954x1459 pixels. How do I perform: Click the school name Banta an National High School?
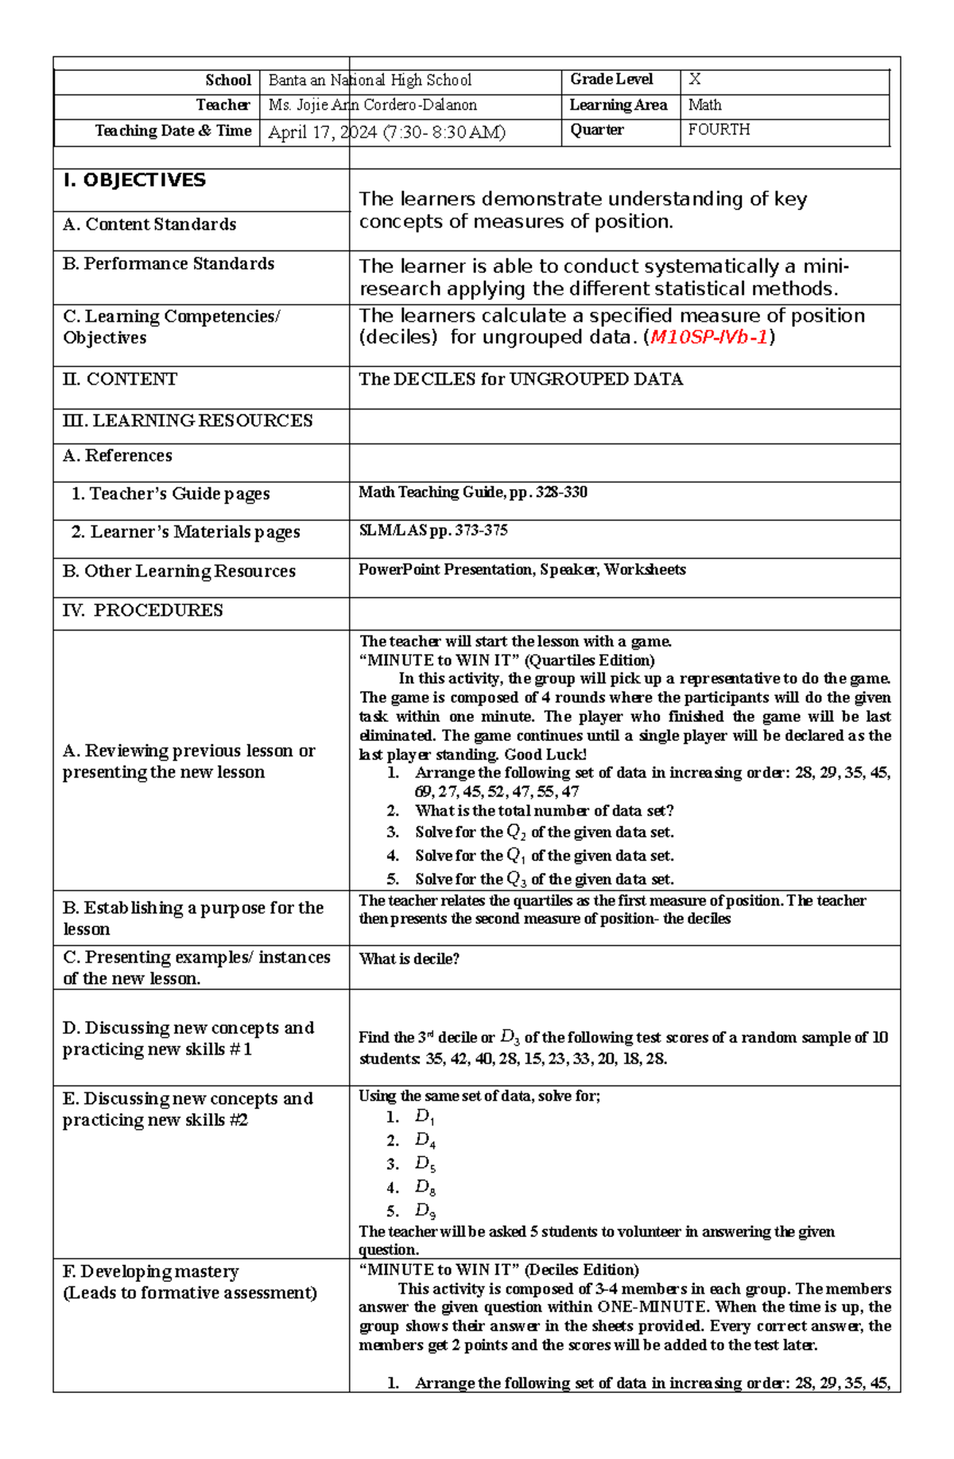point(370,80)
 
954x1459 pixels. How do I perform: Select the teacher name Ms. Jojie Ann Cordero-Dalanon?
point(372,105)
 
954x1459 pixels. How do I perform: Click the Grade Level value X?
point(694,80)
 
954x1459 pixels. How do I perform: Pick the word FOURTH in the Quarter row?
point(719,130)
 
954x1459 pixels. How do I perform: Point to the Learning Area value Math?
point(704,105)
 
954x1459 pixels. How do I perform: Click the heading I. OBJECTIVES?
point(134,180)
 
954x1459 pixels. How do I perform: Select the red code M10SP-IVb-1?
point(708,337)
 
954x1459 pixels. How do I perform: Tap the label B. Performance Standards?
point(169,264)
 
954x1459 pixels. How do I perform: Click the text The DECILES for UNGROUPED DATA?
point(521,379)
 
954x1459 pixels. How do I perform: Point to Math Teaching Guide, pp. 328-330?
point(472,492)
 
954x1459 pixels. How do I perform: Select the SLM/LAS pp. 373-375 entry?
point(432,530)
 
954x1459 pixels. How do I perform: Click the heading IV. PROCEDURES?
point(142,611)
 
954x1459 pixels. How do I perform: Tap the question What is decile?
point(409,959)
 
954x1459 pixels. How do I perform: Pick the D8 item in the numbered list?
point(425,1188)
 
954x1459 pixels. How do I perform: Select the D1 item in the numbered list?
point(425,1117)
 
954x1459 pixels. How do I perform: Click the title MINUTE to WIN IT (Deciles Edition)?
point(498,1270)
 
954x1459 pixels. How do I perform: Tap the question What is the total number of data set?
point(544,811)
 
